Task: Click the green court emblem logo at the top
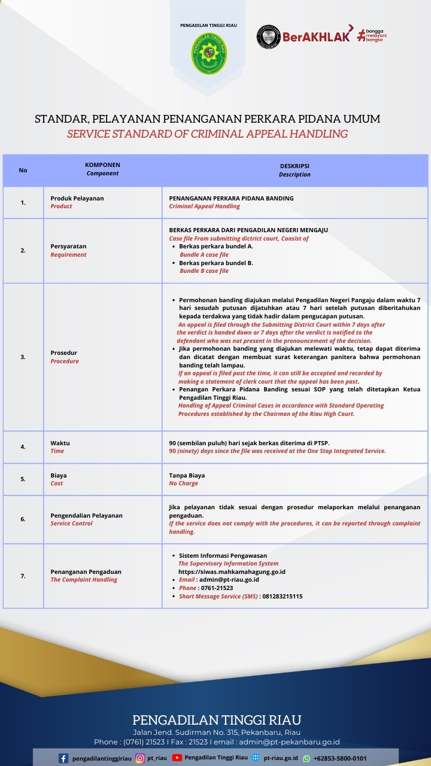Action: (209, 53)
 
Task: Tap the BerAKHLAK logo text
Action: (316, 37)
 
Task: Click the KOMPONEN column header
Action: (102, 165)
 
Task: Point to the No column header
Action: (23, 170)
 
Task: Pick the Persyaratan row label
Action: (68, 246)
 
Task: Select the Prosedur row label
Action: (64, 353)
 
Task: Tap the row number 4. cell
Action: (23, 446)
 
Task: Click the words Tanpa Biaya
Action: (187, 475)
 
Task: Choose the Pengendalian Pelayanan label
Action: (86, 515)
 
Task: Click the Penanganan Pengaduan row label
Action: (86, 572)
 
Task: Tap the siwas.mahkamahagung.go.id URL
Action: (232, 572)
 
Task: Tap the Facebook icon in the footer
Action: (63, 758)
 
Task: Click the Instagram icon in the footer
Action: (141, 758)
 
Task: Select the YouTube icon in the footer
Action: (177, 758)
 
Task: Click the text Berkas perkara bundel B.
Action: (215, 263)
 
